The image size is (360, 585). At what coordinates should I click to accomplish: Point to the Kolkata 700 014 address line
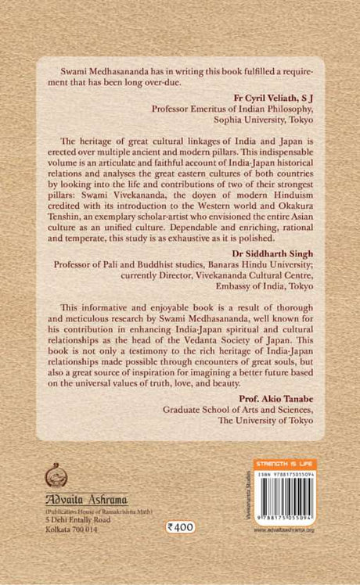coord(73,529)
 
